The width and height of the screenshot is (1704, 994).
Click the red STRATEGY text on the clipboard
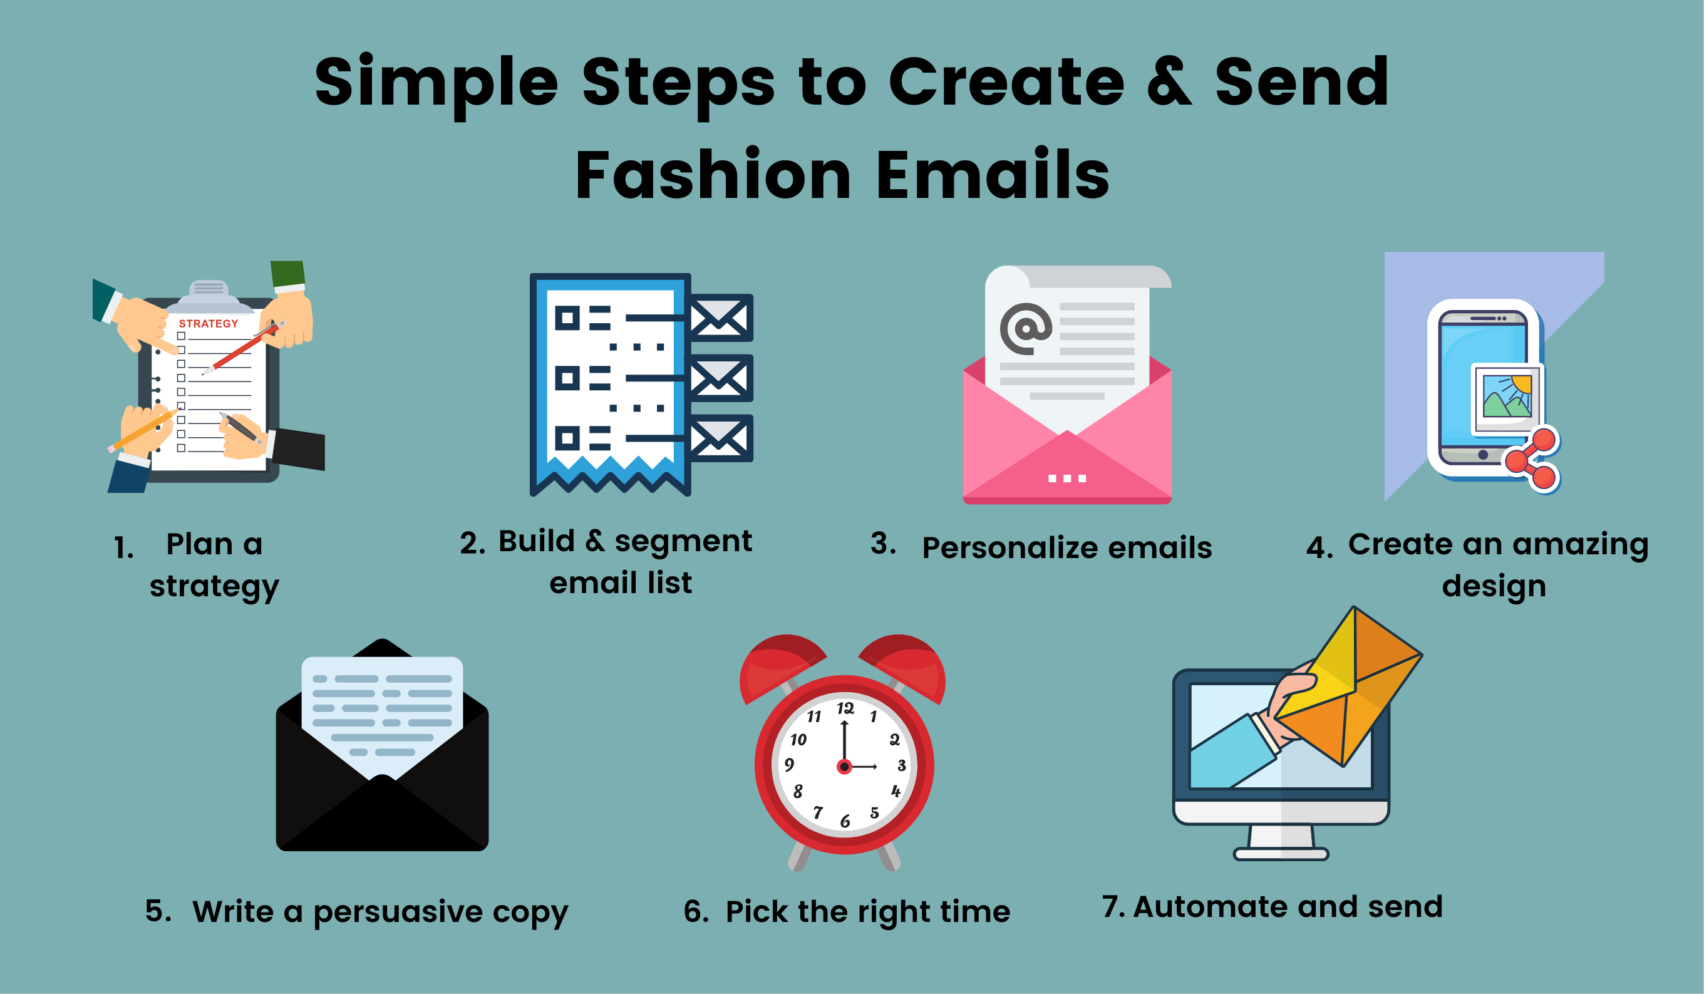click(x=209, y=323)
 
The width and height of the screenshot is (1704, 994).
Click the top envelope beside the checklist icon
click(x=720, y=318)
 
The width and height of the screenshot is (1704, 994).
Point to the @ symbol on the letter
click(x=1026, y=329)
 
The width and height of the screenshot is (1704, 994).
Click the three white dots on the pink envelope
click(x=1067, y=479)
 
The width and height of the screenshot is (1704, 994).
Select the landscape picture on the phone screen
click(x=1507, y=397)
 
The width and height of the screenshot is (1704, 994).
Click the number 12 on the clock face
click(x=845, y=708)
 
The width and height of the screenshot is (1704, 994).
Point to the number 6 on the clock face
click(x=845, y=821)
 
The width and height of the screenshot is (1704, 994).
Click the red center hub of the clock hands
click(x=844, y=767)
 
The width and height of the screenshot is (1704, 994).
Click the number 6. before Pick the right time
click(x=696, y=911)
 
